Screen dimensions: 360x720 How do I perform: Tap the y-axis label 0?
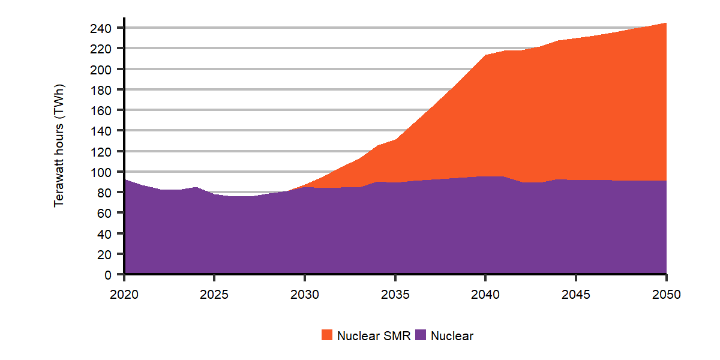[x=108, y=275]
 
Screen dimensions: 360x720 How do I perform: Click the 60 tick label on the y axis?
[x=105, y=213]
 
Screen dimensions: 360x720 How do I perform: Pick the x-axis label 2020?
[x=124, y=295]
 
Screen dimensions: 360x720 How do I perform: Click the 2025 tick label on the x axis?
[x=214, y=295]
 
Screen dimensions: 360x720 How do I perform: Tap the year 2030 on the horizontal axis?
[x=305, y=295]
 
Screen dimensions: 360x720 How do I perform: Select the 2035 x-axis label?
[x=395, y=295]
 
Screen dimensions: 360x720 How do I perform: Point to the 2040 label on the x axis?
[x=485, y=295]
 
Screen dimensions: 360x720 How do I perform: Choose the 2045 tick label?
[x=575, y=295]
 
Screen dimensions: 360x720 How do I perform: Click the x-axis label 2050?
[x=666, y=295]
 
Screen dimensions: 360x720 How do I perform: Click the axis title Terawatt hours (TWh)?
[x=59, y=146]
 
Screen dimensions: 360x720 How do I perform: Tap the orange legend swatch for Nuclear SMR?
[x=327, y=336]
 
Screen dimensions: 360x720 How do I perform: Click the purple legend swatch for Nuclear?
[x=421, y=336]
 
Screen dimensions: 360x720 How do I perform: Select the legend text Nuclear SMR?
[x=374, y=336]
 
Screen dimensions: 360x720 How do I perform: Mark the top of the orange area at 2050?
[x=666, y=23]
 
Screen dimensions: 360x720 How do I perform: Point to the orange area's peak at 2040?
[x=485, y=55]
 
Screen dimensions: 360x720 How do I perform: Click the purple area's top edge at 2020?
[x=125, y=179]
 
